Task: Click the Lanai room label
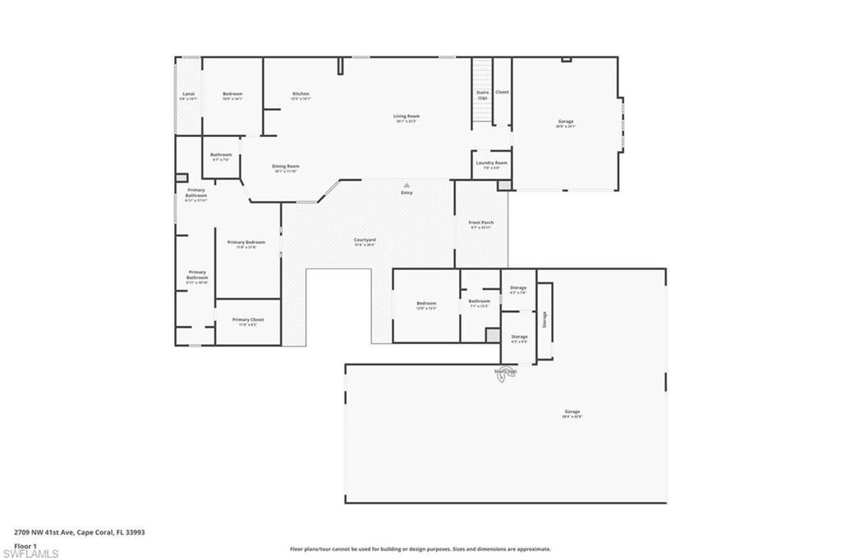188,94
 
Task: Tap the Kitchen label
301,94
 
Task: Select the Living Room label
407,117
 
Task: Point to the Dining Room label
286,167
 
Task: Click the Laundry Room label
491,163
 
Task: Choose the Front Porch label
481,223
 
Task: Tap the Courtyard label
365,240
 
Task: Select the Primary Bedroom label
246,242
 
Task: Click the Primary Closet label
247,320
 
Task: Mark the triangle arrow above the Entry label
406,185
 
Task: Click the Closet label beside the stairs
502,92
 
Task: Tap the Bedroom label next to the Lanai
232,94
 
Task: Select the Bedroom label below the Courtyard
426,304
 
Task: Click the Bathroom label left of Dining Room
221,155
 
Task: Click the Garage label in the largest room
572,412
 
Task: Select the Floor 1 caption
25,545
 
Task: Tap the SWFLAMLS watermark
30,553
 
